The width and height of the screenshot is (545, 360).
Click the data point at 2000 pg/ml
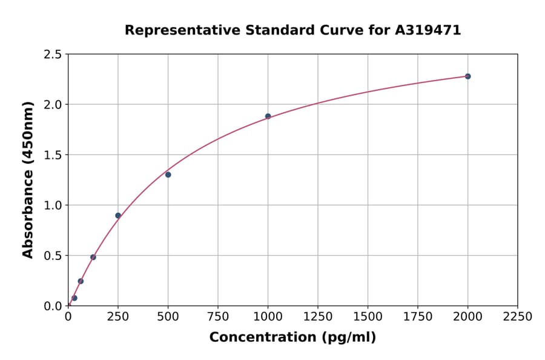coord(467,76)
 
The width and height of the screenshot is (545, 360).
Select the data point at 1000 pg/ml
coord(268,116)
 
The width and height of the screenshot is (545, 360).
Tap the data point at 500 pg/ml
coord(168,175)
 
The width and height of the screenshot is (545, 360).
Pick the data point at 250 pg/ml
coord(118,215)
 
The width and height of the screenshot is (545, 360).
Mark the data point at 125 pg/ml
coord(93,257)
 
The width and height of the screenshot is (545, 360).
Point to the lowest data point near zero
coord(74,298)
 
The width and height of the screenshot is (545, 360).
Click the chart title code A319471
coord(428,30)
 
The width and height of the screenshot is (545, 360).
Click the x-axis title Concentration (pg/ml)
coord(292,338)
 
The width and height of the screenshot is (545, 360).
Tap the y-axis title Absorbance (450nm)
coord(28,179)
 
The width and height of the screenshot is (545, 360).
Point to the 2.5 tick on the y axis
coord(53,55)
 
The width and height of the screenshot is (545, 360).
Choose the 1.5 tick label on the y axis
coord(53,155)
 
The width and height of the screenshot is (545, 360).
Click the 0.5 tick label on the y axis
coord(53,256)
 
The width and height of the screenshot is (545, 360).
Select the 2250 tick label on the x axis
coord(518,316)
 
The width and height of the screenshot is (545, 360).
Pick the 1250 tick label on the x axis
coord(318,316)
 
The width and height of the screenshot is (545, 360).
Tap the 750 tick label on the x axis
coord(218,316)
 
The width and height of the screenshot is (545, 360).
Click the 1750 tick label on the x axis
coord(418,316)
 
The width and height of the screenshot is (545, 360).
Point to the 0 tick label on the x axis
coord(68,316)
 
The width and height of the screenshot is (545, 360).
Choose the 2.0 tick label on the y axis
coord(53,105)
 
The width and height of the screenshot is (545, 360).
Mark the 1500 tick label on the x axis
coord(368,316)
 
